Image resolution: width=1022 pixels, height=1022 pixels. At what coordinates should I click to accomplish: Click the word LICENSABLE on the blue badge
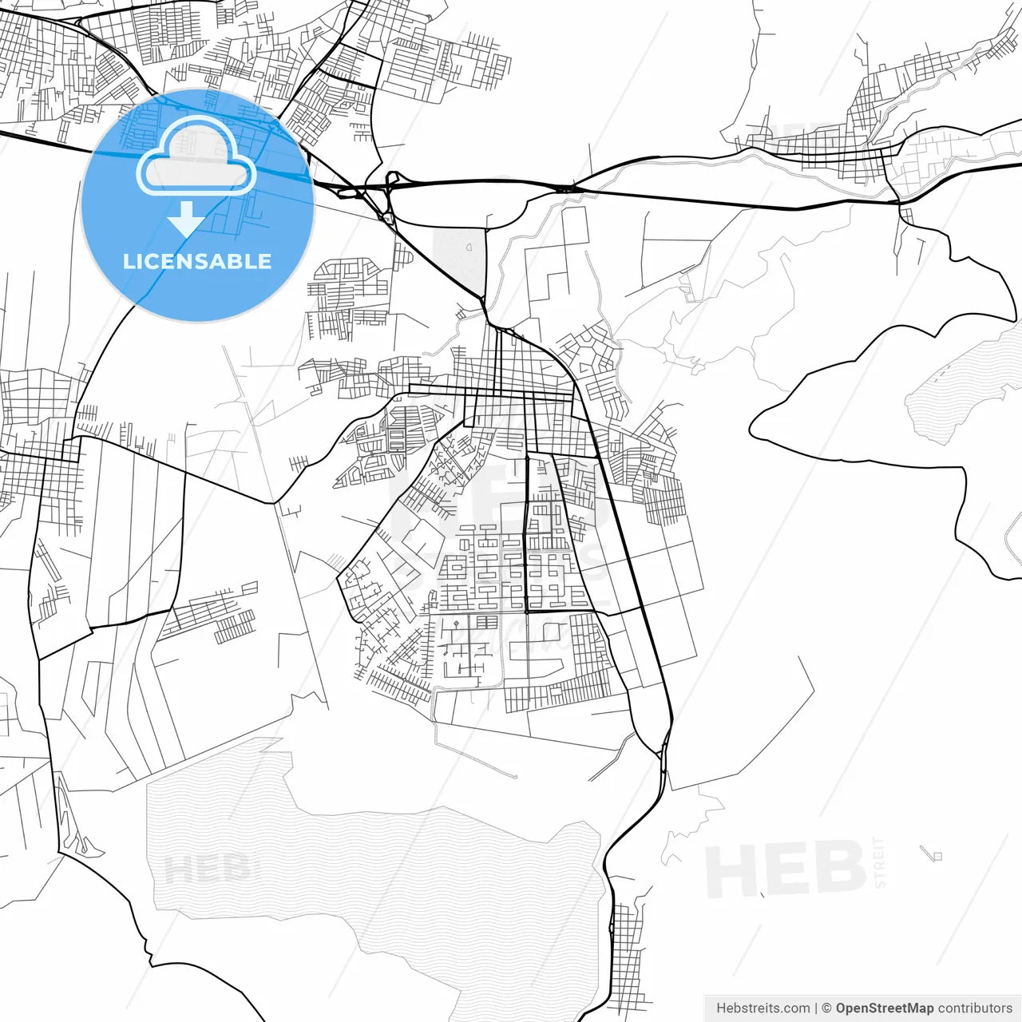click(x=197, y=261)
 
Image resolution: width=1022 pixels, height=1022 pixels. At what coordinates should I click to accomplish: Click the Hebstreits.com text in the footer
click(x=763, y=1008)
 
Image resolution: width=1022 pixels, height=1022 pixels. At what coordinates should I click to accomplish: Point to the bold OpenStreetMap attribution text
click(x=884, y=1008)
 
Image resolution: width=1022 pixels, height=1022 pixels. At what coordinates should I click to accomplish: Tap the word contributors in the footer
click(x=975, y=1008)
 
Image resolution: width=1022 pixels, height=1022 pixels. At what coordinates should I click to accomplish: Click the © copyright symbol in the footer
click(x=826, y=1008)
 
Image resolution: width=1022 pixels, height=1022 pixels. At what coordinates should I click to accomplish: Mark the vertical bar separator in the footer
click(x=815, y=1008)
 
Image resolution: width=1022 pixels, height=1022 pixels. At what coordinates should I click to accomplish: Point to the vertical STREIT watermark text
click(x=880, y=862)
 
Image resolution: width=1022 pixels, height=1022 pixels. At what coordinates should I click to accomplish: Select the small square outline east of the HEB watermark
click(x=937, y=856)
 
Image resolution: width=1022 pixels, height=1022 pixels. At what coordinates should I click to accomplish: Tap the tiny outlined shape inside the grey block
click(x=469, y=247)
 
